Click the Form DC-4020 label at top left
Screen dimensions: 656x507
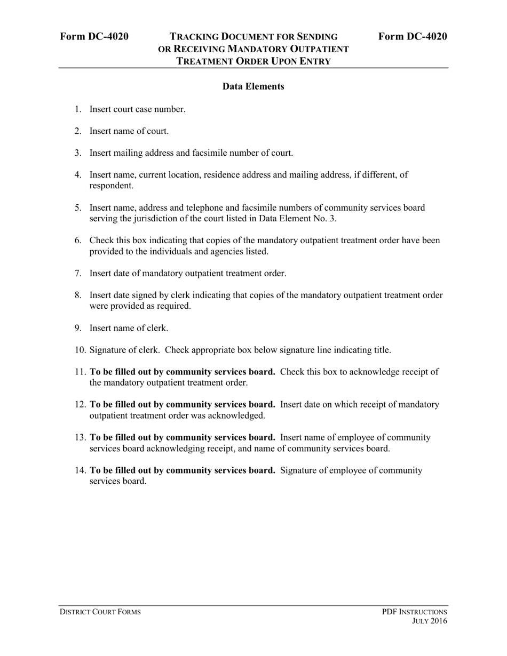click(x=94, y=36)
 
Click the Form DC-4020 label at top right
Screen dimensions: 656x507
click(x=413, y=36)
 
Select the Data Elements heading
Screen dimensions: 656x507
click(x=253, y=86)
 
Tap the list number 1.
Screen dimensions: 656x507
click(x=78, y=109)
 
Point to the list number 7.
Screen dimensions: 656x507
click(x=78, y=274)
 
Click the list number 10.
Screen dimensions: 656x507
click(x=81, y=350)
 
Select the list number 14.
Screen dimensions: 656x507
click(x=81, y=470)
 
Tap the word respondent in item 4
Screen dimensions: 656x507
click(x=111, y=186)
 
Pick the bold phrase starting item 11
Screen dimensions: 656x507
click(x=183, y=372)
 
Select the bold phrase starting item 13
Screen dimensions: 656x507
click(x=183, y=437)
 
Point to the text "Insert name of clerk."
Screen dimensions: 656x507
click(x=129, y=329)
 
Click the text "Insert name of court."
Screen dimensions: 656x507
click(x=129, y=131)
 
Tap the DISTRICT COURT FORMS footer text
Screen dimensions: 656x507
click(x=100, y=612)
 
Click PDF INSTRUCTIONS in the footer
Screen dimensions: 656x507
click(x=414, y=612)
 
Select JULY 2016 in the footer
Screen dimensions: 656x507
click(x=430, y=621)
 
